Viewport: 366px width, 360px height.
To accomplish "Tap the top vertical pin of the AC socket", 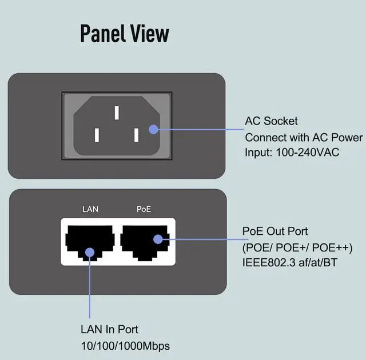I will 116,112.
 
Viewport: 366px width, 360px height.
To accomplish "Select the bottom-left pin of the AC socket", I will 97,135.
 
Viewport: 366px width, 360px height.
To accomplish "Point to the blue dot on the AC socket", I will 153,130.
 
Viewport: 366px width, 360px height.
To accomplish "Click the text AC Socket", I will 271,121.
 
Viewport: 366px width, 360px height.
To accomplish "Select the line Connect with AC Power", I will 303,137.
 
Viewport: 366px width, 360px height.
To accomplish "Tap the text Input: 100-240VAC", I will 292,153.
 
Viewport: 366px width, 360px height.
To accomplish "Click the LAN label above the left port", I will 90,209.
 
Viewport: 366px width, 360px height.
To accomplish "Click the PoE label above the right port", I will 144,209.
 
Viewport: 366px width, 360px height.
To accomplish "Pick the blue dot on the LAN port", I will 90,251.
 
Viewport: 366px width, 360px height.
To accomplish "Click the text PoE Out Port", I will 275,231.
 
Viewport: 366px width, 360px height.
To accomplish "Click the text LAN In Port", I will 109,330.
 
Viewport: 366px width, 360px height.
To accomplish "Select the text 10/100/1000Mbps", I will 125,346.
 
